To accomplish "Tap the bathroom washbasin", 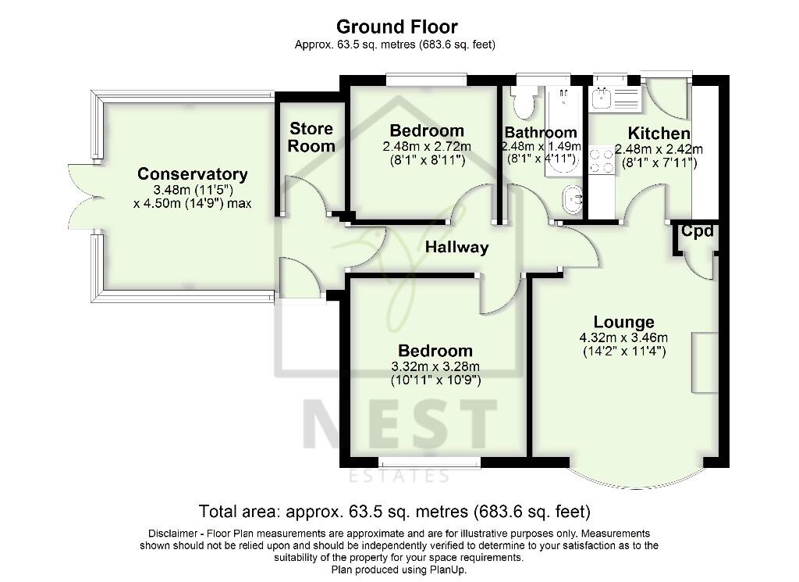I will pyautogui.click(x=573, y=201).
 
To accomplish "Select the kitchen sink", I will pyautogui.click(x=602, y=98).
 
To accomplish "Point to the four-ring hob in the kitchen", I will pyautogui.click(x=602, y=161).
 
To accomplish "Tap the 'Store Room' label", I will pyautogui.click(x=311, y=137).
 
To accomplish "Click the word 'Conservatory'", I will pyautogui.click(x=193, y=174).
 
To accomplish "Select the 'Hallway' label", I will pyautogui.click(x=456, y=248).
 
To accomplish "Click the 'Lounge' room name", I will pyautogui.click(x=623, y=322).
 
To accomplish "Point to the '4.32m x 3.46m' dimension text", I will pyautogui.click(x=623, y=337).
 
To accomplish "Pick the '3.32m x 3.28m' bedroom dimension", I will pyautogui.click(x=435, y=367).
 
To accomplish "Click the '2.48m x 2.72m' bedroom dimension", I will pyautogui.click(x=427, y=147).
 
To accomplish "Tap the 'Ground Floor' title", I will pyautogui.click(x=397, y=28).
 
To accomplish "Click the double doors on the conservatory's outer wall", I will pyautogui.click(x=80, y=198).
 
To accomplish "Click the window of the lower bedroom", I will pyautogui.click(x=429, y=463).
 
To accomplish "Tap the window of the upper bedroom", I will pyautogui.click(x=427, y=78).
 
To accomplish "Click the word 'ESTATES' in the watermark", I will pyautogui.click(x=399, y=476).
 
